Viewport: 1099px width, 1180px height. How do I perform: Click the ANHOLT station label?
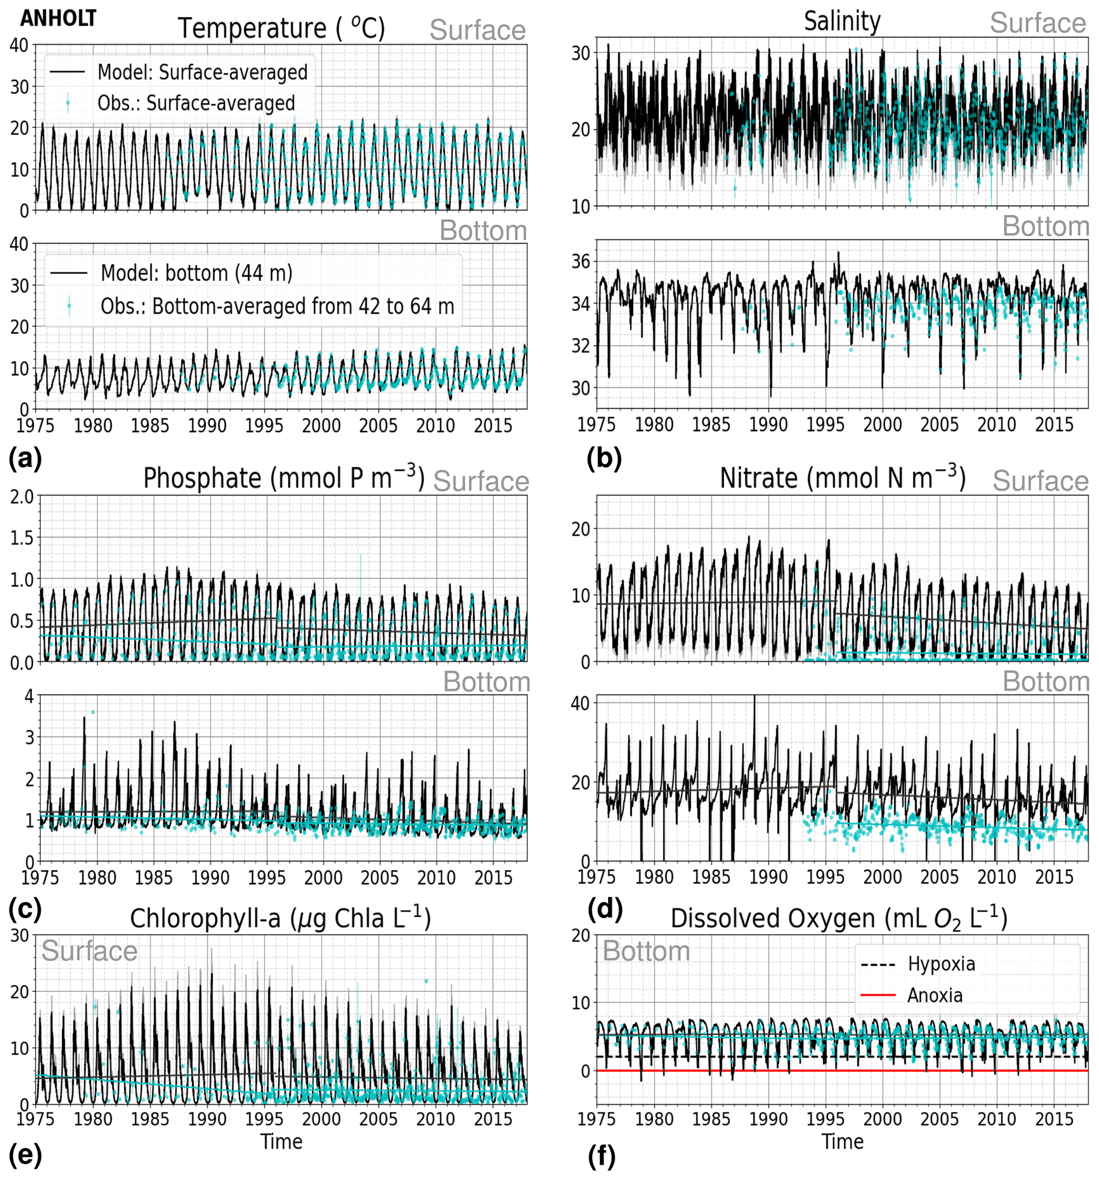point(58,19)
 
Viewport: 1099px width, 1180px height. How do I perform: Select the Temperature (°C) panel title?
point(282,29)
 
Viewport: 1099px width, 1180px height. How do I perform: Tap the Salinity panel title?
point(842,22)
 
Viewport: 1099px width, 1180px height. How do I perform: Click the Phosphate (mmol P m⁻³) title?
point(283,479)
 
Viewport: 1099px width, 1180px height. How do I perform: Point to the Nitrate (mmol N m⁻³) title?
point(843,479)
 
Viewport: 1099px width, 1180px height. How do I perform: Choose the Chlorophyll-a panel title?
point(280,918)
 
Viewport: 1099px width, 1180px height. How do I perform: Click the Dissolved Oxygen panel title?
point(839,918)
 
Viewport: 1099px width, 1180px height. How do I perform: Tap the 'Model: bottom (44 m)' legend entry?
point(196,273)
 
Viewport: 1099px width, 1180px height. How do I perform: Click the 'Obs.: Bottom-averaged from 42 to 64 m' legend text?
point(277,306)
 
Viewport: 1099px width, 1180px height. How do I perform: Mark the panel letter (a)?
point(25,459)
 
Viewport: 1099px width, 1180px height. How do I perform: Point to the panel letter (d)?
point(604,909)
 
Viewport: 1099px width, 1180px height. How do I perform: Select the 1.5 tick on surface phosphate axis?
point(21,538)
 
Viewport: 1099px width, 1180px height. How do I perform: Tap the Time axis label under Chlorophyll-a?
point(281,1141)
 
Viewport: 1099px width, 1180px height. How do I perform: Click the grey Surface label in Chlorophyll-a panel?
point(89,951)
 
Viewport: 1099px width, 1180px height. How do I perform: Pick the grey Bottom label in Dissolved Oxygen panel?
point(646,951)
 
